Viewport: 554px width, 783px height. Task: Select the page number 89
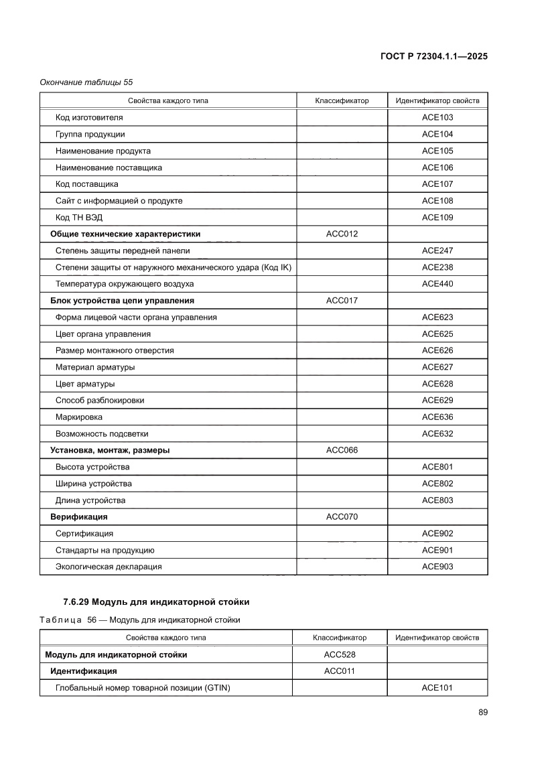[x=482, y=712]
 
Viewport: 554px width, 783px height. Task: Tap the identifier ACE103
[x=437, y=117]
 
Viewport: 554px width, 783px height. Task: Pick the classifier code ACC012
[x=342, y=234]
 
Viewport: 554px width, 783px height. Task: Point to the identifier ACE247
[x=437, y=251]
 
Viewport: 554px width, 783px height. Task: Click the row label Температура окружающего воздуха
[x=125, y=284]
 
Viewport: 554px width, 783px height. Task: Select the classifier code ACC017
[x=342, y=301]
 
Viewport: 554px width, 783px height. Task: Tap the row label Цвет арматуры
[x=85, y=384]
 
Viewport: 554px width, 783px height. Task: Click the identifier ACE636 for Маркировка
[x=437, y=417]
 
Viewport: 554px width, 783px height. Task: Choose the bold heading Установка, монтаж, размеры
[x=110, y=450]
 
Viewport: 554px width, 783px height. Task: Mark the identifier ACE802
[x=437, y=484]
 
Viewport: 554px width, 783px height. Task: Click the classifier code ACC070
[x=342, y=517]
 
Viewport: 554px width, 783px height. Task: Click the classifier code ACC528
[x=340, y=654]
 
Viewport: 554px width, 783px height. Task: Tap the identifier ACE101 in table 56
[x=437, y=688]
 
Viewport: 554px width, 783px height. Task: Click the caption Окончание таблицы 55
[x=86, y=82]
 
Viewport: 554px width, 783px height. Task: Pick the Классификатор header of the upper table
[x=342, y=101]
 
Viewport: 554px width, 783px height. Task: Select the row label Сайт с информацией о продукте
[x=119, y=200]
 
